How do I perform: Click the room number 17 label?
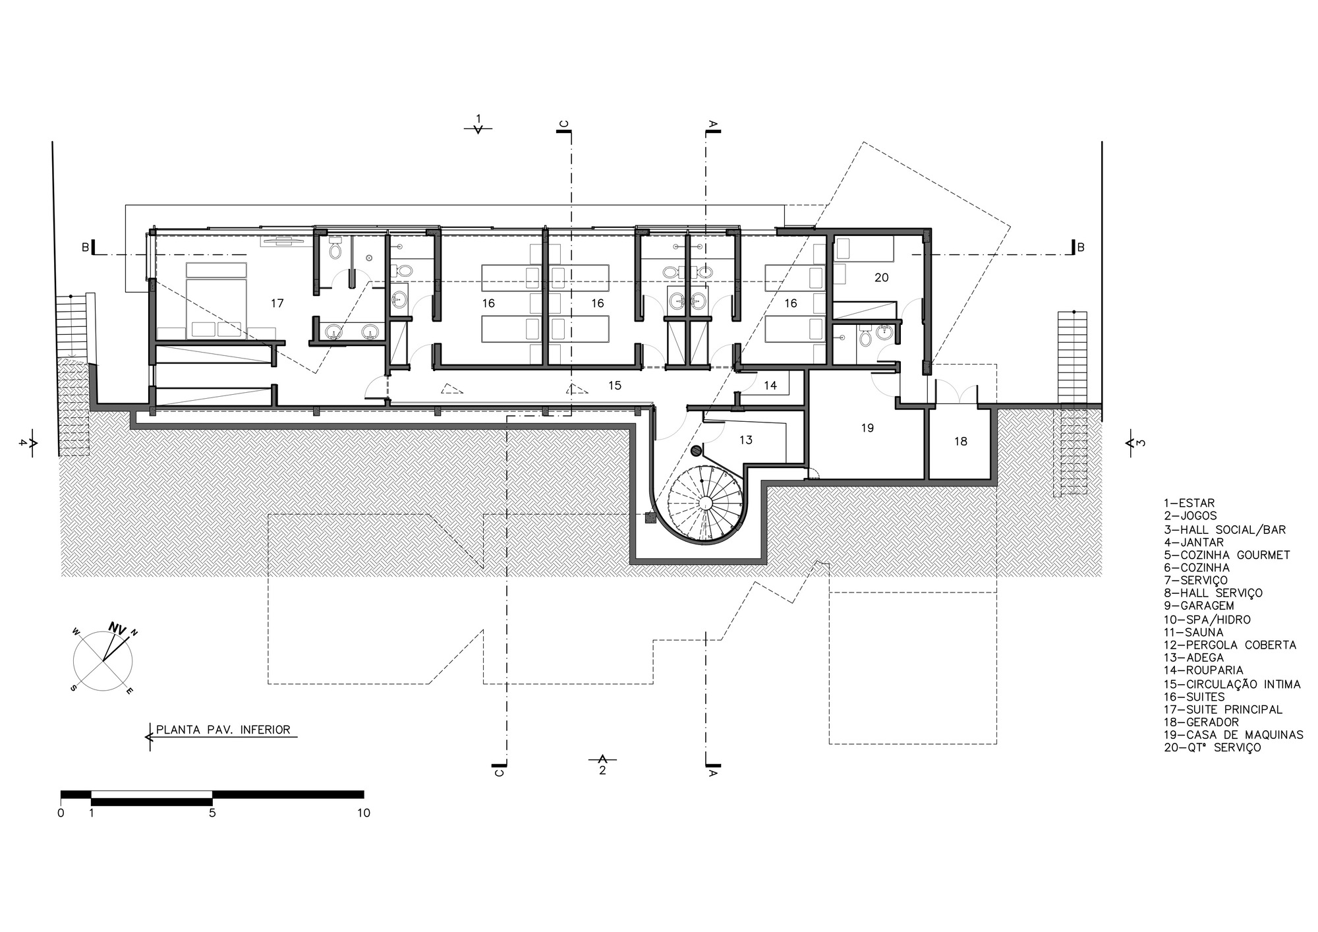(x=277, y=303)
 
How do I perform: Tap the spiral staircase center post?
(x=704, y=504)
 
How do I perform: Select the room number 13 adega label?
(x=745, y=440)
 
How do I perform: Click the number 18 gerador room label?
(x=960, y=441)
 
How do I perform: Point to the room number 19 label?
(x=867, y=428)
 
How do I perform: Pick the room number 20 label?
(x=881, y=277)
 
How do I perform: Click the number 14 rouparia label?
(x=770, y=386)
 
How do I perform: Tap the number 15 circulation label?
(x=614, y=385)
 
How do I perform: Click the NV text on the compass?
(x=117, y=628)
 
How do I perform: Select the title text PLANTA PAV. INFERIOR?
(x=223, y=730)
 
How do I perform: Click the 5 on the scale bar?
(x=212, y=813)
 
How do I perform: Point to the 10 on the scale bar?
(x=363, y=813)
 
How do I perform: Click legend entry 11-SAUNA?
(x=1193, y=632)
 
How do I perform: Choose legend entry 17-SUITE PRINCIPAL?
(x=1222, y=709)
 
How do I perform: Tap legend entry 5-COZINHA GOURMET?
(x=1226, y=555)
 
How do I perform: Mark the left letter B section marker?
(x=85, y=247)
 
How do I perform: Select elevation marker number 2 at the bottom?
(x=602, y=769)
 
